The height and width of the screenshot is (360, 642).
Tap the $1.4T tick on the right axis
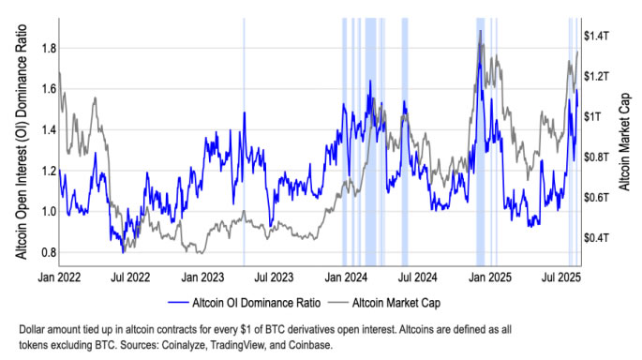(599, 35)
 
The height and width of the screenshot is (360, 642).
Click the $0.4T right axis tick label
(599, 238)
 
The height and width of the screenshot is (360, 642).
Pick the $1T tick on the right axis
(596, 116)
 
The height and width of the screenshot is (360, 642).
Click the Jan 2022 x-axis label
(57, 277)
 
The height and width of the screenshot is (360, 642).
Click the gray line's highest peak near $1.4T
(481, 31)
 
